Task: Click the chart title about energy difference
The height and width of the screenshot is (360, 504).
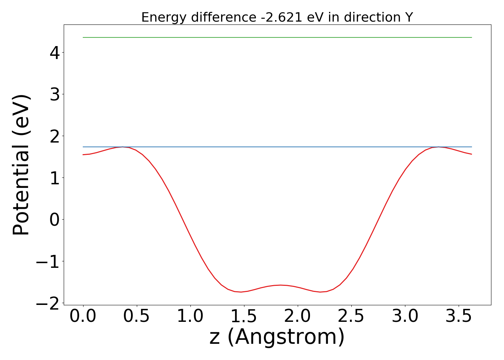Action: pyautogui.click(x=277, y=17)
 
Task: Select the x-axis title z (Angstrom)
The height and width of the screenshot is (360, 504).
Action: pyautogui.click(x=277, y=337)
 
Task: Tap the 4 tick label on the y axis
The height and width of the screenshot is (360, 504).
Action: pyautogui.click(x=55, y=53)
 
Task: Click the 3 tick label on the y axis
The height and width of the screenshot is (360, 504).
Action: pyautogui.click(x=55, y=94)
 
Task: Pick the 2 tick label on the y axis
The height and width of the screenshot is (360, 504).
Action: pyautogui.click(x=55, y=136)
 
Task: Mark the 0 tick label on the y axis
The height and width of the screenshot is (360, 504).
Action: pyautogui.click(x=55, y=220)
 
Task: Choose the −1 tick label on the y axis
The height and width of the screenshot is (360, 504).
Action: pyautogui.click(x=48, y=261)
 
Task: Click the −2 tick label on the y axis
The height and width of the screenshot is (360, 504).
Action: pyautogui.click(x=48, y=303)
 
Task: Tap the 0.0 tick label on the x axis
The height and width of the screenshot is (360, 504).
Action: pyautogui.click(x=83, y=316)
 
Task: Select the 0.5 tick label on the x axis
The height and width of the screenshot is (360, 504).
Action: pyautogui.click(x=137, y=316)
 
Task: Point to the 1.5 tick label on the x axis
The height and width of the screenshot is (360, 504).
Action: pyautogui.click(x=244, y=316)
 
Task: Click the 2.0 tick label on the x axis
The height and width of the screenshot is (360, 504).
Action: pyautogui.click(x=298, y=316)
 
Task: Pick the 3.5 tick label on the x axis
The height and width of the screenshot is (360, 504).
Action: pyautogui.click(x=459, y=316)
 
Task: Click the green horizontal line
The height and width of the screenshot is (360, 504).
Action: pyautogui.click(x=277, y=37)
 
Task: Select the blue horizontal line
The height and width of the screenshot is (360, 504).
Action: pyautogui.click(x=277, y=147)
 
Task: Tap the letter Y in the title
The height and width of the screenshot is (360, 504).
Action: pyautogui.click(x=408, y=17)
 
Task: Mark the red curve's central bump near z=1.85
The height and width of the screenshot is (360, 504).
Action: pyautogui.click(x=281, y=285)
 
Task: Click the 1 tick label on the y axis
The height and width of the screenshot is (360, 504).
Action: pyautogui.click(x=55, y=178)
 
